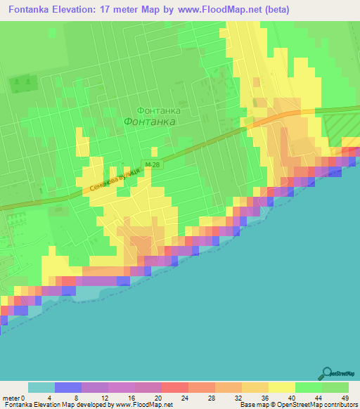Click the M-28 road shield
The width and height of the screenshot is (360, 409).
[153, 164]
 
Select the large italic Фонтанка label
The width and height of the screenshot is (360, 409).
[149, 122]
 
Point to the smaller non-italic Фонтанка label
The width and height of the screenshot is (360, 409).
[158, 110]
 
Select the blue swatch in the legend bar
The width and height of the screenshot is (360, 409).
[68, 387]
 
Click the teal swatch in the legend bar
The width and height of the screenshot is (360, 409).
[41, 387]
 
